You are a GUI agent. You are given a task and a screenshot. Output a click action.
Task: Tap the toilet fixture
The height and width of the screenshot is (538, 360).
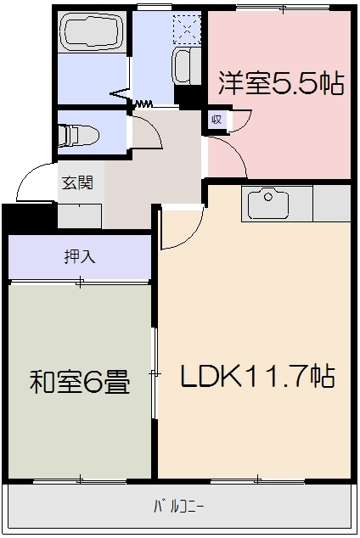[x=78, y=134]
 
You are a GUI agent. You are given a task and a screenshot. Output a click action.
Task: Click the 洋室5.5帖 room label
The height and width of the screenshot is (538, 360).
[x=281, y=83]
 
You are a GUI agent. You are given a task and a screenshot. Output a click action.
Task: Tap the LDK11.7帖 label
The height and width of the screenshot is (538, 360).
[x=256, y=376]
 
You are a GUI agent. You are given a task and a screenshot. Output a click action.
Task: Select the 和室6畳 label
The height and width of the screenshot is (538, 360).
[x=80, y=383]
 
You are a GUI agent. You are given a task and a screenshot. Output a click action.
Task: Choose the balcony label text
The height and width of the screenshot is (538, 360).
[x=179, y=507]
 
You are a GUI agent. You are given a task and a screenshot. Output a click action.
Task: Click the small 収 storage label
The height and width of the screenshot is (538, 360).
[x=217, y=120]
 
